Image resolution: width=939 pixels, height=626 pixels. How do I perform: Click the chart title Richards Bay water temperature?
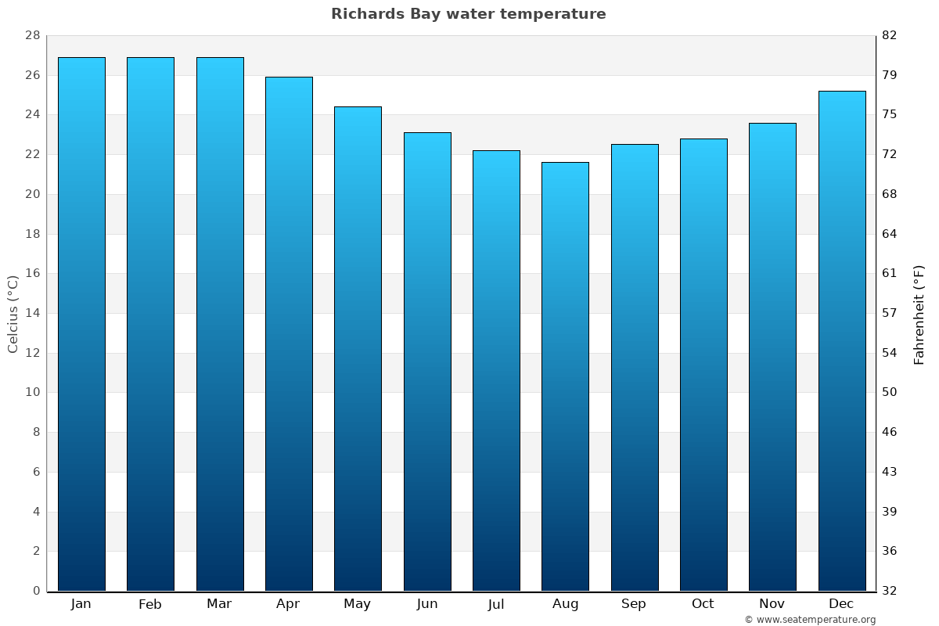click(468, 14)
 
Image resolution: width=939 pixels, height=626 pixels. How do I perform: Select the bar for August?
click(565, 376)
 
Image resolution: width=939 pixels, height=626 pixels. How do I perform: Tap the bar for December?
click(842, 340)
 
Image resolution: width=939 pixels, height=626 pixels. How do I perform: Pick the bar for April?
click(289, 333)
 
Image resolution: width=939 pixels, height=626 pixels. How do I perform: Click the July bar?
click(496, 370)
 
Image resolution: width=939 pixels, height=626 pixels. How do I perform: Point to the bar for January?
click(81, 324)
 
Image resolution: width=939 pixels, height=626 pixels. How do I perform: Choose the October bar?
click(703, 365)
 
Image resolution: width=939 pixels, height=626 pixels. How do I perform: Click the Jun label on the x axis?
click(427, 604)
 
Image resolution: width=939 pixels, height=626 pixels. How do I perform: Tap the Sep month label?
click(634, 604)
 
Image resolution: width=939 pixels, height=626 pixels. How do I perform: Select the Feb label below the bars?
click(150, 604)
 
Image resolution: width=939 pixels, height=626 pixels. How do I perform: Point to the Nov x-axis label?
click(772, 604)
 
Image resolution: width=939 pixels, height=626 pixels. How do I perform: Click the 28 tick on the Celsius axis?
click(32, 36)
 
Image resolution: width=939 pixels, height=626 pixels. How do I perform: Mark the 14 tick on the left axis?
click(32, 313)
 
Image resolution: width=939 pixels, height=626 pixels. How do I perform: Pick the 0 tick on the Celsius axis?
click(36, 591)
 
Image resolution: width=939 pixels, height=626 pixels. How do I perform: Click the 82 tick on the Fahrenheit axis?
click(890, 36)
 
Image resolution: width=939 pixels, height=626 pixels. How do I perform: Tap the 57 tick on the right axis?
click(890, 313)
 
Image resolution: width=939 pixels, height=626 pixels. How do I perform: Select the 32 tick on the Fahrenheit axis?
click(890, 591)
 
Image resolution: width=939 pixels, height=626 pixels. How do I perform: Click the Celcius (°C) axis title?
click(13, 314)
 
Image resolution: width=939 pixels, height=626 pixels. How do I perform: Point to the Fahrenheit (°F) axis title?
click(919, 314)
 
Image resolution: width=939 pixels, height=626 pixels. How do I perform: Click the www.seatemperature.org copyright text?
click(810, 620)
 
